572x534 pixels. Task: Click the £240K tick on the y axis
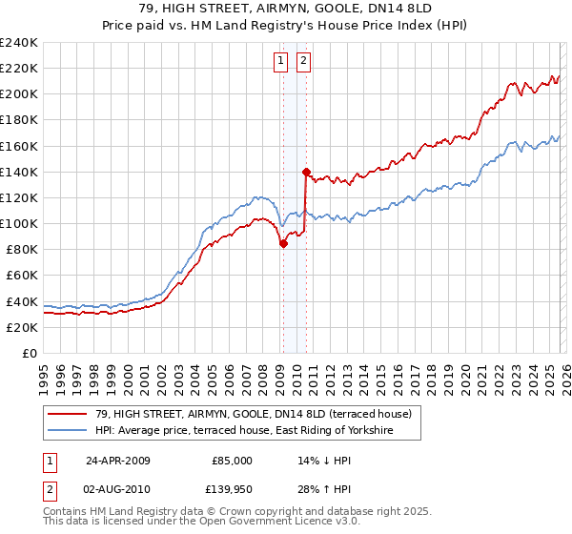(x=19, y=43)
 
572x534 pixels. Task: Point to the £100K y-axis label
(x=19, y=223)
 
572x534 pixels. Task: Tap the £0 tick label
(x=30, y=353)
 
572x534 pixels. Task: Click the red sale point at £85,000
(x=284, y=243)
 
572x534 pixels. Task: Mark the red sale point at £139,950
(x=306, y=173)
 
